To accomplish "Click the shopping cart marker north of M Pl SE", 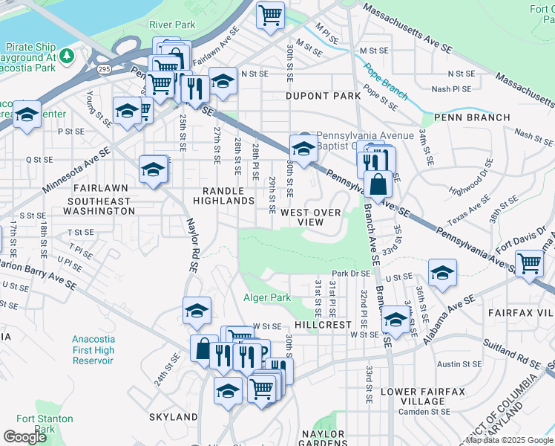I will point(271,13).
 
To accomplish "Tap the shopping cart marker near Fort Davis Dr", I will point(530,262).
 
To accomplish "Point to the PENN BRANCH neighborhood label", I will point(472,117).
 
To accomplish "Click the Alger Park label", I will point(267,297).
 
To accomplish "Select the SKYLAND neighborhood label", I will point(173,417).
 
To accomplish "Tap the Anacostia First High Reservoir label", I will point(93,349).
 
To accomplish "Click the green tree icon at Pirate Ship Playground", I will point(67,56).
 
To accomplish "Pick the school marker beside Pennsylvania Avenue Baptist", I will point(303,148).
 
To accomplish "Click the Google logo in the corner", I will point(24,437).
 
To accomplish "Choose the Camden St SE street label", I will point(420,412).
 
